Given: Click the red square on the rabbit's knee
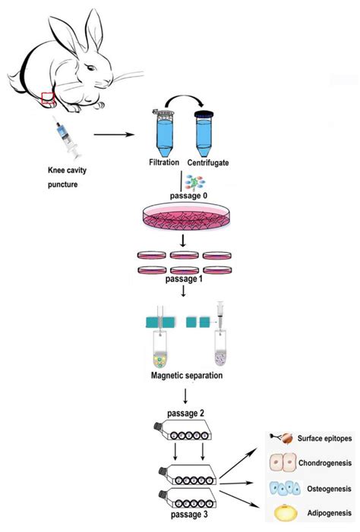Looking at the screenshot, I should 47,97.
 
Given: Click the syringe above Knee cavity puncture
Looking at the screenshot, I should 65,139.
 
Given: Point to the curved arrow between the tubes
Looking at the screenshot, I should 183,102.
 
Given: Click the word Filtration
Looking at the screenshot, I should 164,162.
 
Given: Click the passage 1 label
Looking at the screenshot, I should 185,279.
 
